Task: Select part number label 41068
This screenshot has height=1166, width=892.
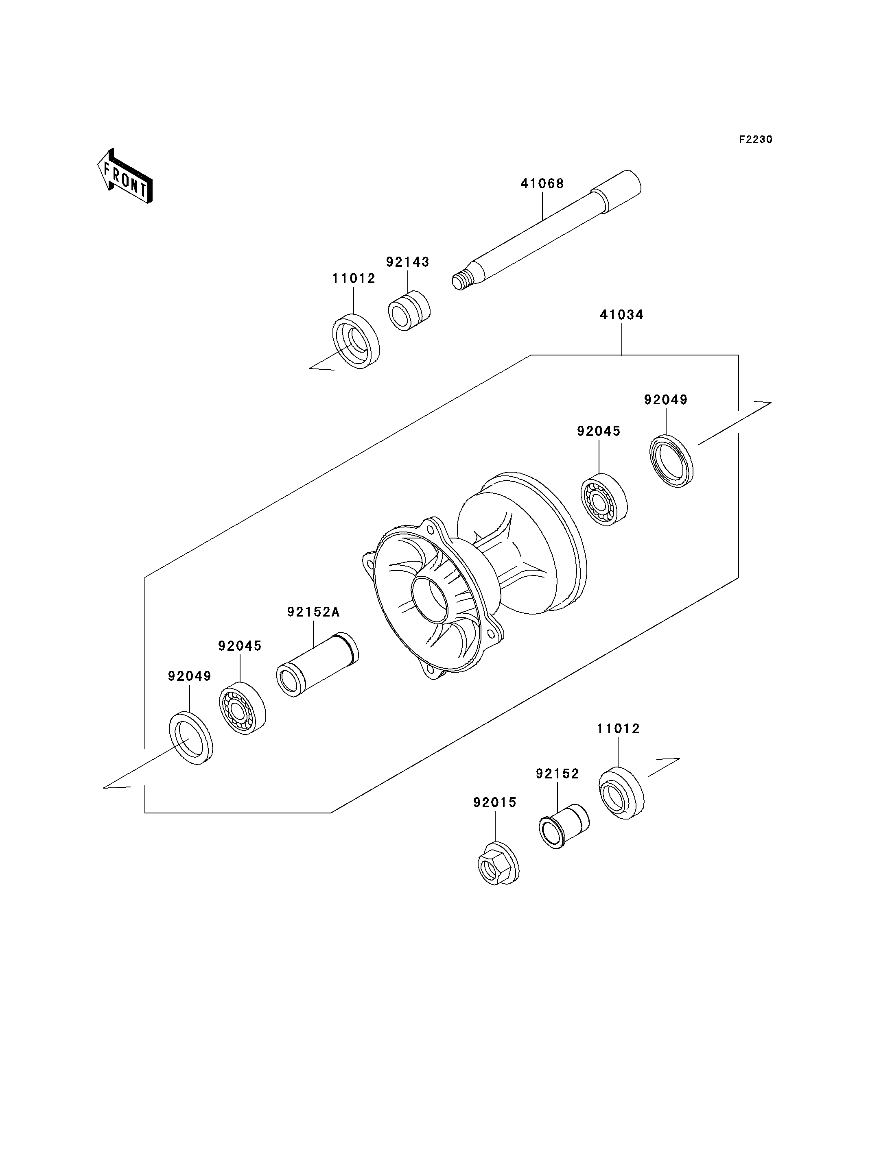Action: (x=542, y=184)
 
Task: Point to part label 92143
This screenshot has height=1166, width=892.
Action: (x=407, y=262)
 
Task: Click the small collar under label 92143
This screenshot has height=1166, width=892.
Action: (x=409, y=310)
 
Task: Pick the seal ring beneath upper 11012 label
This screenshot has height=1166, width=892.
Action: (x=356, y=341)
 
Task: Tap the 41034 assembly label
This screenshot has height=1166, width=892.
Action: (x=622, y=315)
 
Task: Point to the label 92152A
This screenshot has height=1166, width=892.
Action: (x=313, y=612)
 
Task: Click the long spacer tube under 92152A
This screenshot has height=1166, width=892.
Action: (x=317, y=665)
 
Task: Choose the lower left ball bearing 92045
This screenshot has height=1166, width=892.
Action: (x=242, y=708)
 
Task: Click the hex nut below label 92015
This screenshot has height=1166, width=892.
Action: (x=498, y=863)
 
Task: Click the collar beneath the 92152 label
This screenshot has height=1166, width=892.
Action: (x=564, y=826)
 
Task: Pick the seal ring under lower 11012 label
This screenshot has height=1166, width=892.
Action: (x=621, y=793)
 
